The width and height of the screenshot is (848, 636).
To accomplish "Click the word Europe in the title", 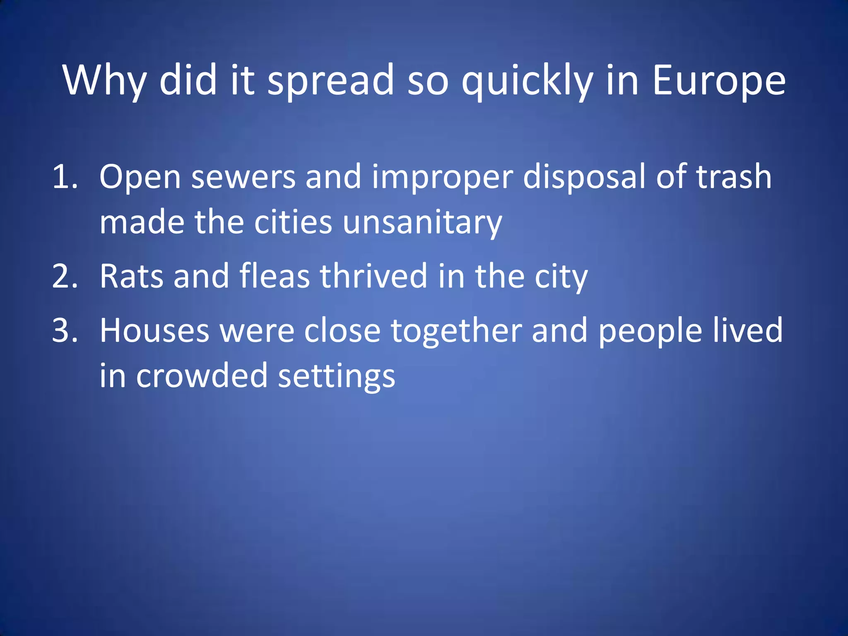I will pos(718,81).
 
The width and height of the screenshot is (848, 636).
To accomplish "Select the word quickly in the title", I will pos(527,81).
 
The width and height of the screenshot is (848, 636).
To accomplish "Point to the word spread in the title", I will pos(330,81).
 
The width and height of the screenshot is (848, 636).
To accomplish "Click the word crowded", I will pos(202,376).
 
